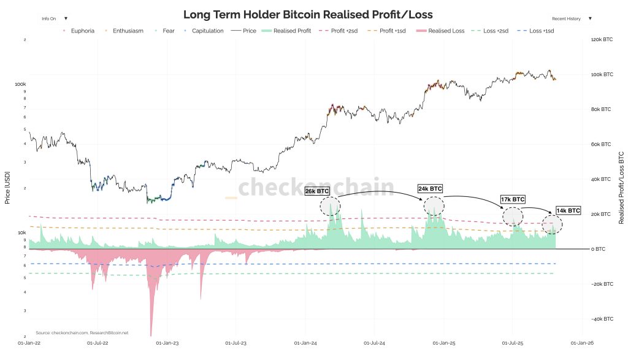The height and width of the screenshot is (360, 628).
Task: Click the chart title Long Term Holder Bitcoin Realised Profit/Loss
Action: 312,15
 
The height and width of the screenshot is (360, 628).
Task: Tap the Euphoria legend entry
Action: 81,31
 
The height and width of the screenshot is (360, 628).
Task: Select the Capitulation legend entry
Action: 207,31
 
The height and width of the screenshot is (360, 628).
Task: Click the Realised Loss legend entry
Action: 446,31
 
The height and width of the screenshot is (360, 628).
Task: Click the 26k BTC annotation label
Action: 317,191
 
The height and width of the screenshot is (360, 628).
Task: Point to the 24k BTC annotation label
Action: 429,188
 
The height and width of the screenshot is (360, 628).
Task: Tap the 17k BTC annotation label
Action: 513,199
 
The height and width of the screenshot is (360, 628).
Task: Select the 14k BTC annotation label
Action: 568,210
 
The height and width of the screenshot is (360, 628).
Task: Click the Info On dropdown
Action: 55,19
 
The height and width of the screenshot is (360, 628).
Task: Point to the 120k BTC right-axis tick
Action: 602,40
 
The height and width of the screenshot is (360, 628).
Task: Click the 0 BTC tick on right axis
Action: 598,249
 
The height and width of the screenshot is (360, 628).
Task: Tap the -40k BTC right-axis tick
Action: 602,320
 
